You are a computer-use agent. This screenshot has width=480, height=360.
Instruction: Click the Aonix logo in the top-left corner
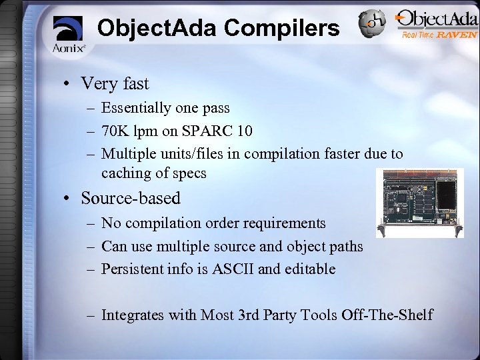point(69,33)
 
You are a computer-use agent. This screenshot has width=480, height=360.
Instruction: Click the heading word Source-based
point(131,198)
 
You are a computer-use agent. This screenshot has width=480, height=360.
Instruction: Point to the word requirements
point(284,223)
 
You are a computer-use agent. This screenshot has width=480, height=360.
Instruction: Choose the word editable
point(311,269)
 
